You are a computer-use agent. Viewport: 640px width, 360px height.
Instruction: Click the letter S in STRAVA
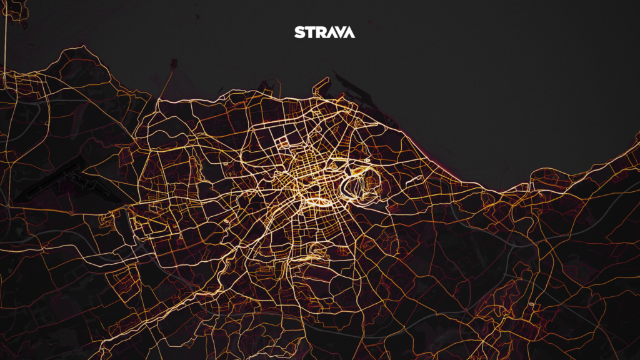(x=299, y=32)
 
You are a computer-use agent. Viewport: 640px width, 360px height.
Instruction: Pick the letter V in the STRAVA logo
(x=339, y=32)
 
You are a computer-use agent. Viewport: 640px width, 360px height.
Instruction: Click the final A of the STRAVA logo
(x=349, y=32)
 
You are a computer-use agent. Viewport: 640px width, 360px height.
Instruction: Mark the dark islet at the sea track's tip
(x=173, y=63)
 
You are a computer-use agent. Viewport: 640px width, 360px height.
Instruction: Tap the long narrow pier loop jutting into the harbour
(x=319, y=86)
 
